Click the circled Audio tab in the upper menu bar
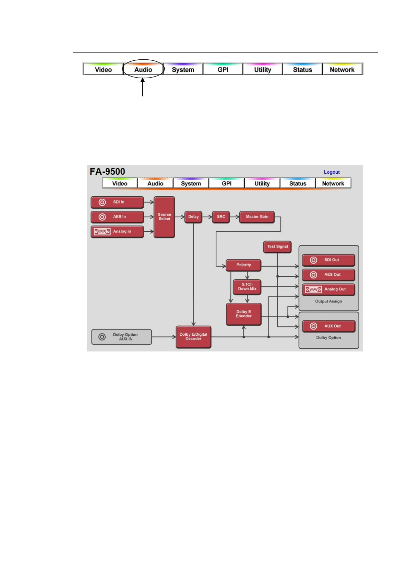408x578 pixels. pos(143,69)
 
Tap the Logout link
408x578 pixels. pos(332,172)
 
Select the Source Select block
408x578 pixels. pos(164,217)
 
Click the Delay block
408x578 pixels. pos(193,217)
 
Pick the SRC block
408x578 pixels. pos(221,217)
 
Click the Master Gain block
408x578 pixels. pos(257,217)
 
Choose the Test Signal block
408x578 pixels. pos(277,246)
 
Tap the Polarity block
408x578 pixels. pos(243,265)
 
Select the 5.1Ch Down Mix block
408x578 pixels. pos(247,287)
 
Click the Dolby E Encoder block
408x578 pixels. pos(243,314)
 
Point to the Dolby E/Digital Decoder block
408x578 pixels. pos(193,337)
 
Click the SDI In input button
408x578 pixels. pos(117,202)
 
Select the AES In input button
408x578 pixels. pos(117,217)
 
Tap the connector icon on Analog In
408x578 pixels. pos(102,232)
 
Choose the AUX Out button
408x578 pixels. pos(328,326)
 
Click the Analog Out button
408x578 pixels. pos(328,289)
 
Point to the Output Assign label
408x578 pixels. pos(328,301)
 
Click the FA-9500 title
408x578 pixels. pos(107,172)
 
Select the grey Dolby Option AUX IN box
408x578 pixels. pos(121,337)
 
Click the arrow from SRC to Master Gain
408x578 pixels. pos(235,217)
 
